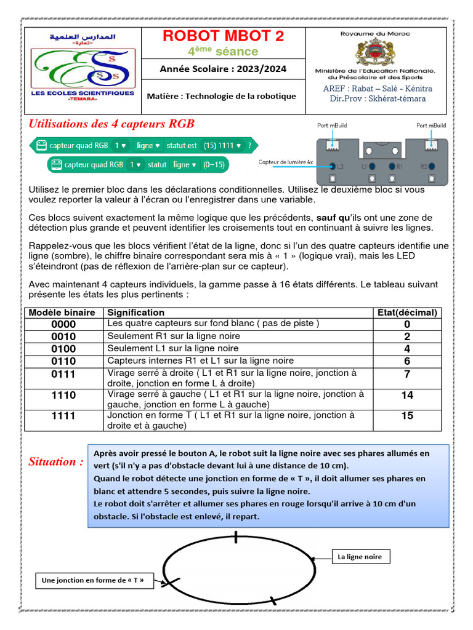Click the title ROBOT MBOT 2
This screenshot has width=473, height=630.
(223, 36)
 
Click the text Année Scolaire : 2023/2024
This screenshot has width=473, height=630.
(223, 69)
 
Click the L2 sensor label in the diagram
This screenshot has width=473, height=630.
(339, 166)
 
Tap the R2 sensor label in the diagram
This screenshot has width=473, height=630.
(424, 166)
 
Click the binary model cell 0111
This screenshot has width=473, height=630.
(63, 374)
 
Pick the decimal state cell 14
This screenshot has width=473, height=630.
(407, 395)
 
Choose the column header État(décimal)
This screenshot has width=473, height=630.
(407, 313)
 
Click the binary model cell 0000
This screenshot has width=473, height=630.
(63, 324)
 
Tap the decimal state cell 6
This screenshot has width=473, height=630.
(407, 361)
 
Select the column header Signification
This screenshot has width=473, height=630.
(135, 313)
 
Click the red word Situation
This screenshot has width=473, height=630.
(55, 461)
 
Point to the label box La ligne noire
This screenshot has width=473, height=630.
(360, 557)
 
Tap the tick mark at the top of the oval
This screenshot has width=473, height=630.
(236, 537)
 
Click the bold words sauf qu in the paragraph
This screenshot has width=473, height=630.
(333, 218)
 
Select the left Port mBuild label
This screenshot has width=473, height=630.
(332, 126)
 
